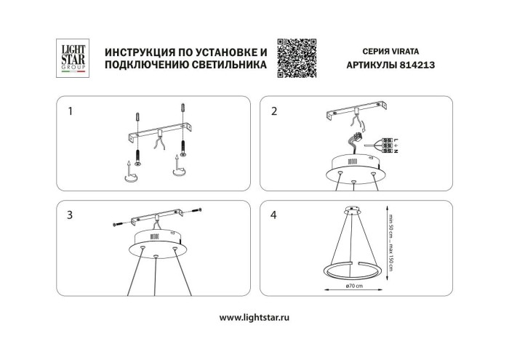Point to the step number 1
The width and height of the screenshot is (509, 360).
click(x=70, y=112)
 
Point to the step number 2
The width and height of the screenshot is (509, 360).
click(x=273, y=112)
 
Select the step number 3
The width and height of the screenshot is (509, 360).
click(x=70, y=215)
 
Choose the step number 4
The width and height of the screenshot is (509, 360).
click(x=273, y=215)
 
